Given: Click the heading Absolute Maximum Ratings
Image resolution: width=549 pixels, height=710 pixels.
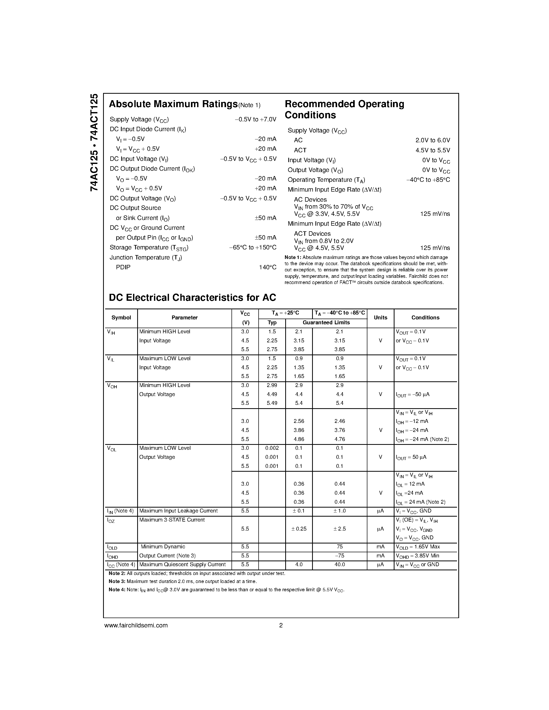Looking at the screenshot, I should click(x=173, y=104).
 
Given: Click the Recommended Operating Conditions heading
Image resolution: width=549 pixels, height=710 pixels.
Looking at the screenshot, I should click(x=344, y=109).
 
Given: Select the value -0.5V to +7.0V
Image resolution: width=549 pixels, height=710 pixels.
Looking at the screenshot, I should click(x=255, y=119).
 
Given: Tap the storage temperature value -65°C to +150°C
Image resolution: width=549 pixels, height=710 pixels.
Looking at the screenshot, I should click(x=252, y=247).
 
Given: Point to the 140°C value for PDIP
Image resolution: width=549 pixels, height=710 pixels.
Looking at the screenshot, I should click(x=267, y=267).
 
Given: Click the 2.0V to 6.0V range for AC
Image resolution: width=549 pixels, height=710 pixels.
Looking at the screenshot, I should click(x=432, y=140).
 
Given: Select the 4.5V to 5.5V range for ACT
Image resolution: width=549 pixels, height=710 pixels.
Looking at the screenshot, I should click(x=432, y=150).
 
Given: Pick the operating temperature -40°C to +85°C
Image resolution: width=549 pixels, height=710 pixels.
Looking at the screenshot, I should click(x=428, y=180).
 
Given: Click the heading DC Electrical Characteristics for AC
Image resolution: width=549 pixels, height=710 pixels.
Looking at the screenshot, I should click(x=192, y=297).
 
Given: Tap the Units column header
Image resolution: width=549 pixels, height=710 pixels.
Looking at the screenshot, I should click(x=380, y=318).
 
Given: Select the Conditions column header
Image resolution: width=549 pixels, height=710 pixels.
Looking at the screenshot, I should click(x=425, y=318).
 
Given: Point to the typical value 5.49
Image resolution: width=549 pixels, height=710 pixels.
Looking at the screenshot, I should click(x=272, y=403).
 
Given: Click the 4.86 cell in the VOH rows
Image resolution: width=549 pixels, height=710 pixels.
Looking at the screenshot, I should click(x=299, y=439).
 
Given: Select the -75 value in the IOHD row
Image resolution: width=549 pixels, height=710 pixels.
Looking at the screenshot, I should click(x=339, y=556).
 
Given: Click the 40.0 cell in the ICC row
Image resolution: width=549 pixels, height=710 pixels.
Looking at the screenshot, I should click(x=339, y=564).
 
